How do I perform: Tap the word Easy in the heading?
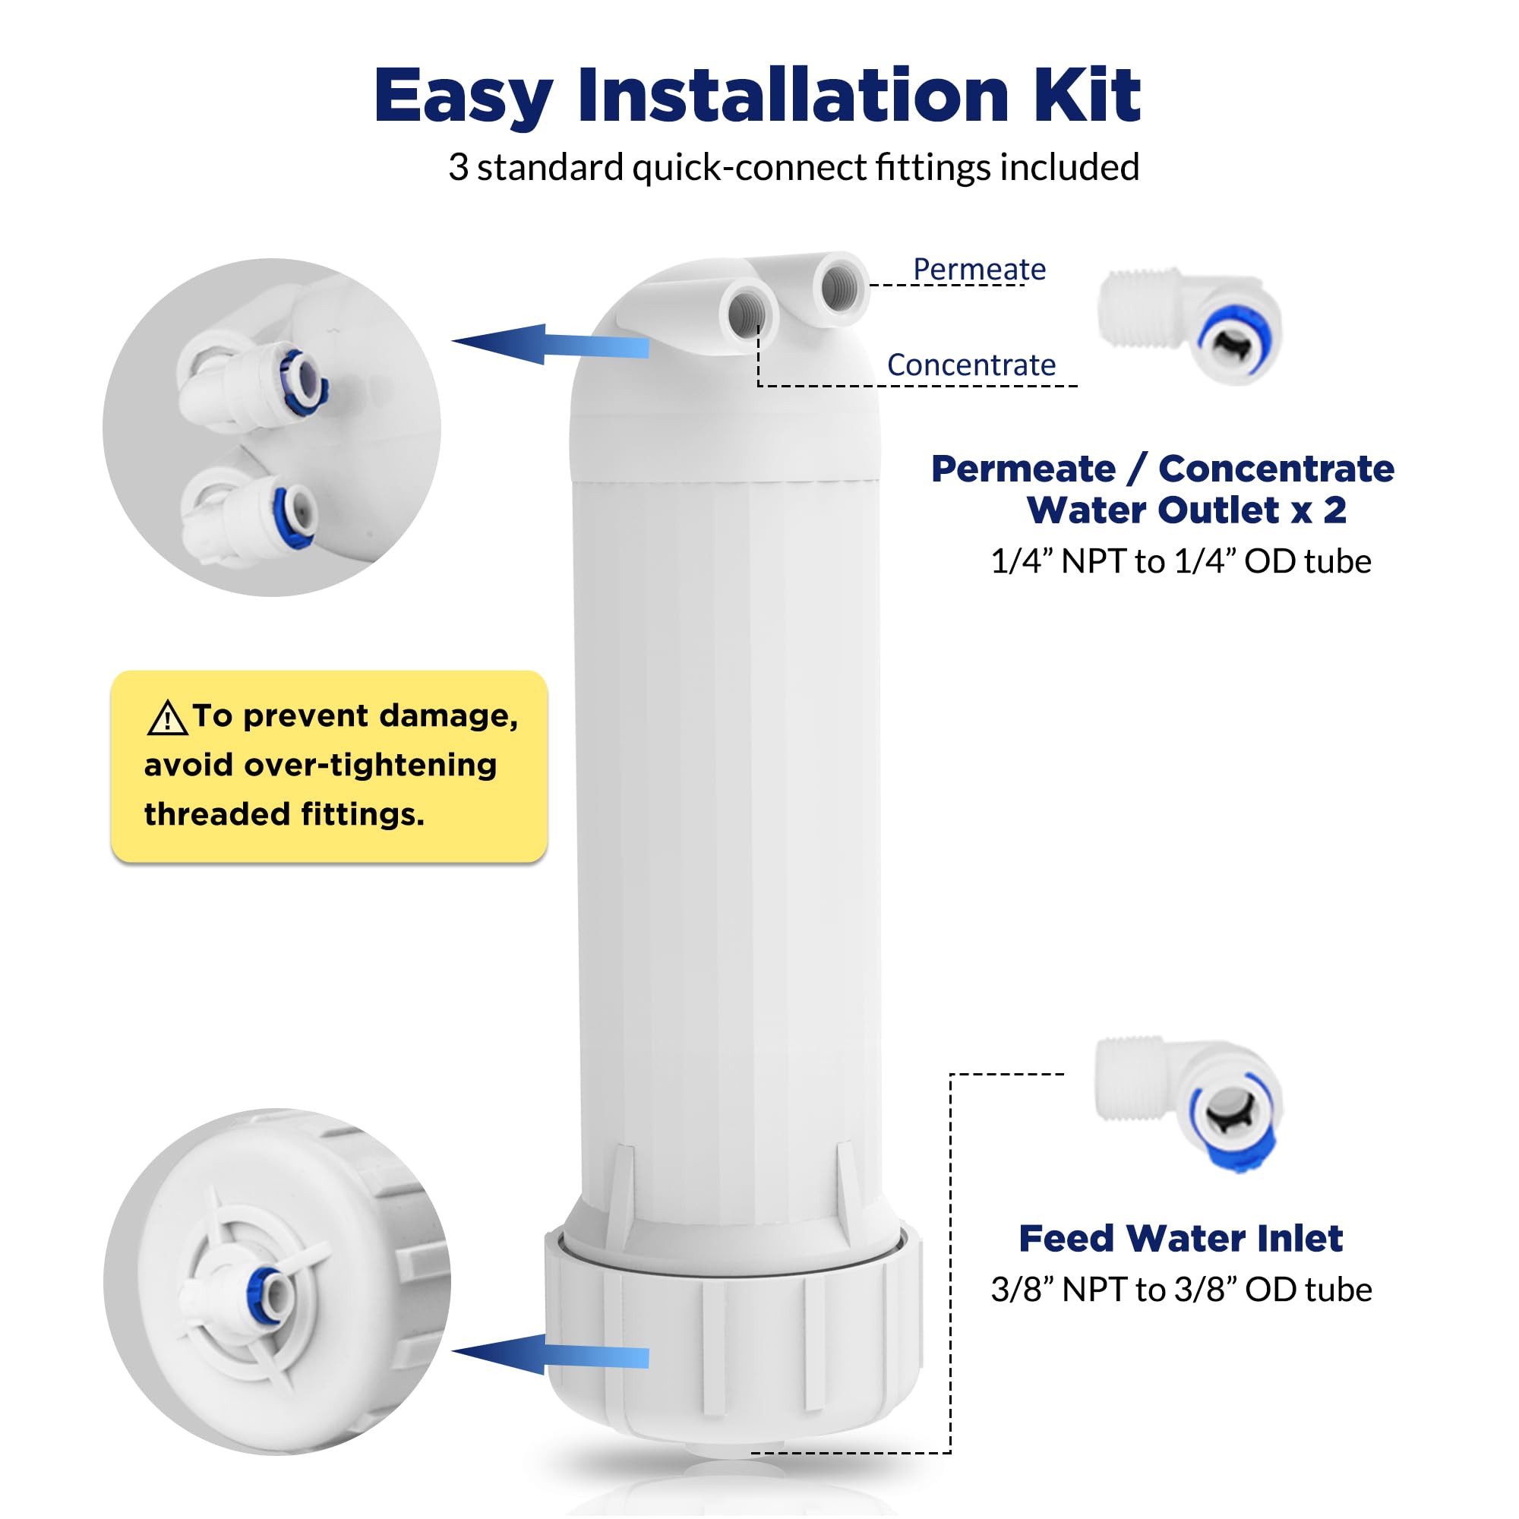[464, 97]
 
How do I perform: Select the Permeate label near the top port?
[979, 270]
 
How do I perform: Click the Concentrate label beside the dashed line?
[971, 365]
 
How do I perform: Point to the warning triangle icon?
[166, 718]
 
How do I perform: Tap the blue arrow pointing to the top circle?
[551, 344]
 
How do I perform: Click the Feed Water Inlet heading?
[1180, 1238]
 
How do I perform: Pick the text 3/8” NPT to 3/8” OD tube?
[1181, 1290]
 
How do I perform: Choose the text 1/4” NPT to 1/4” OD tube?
[1181, 561]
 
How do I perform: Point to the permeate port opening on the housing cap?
[839, 287]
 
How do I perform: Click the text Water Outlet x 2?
[1186, 510]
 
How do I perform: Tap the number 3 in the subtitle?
[459, 167]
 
